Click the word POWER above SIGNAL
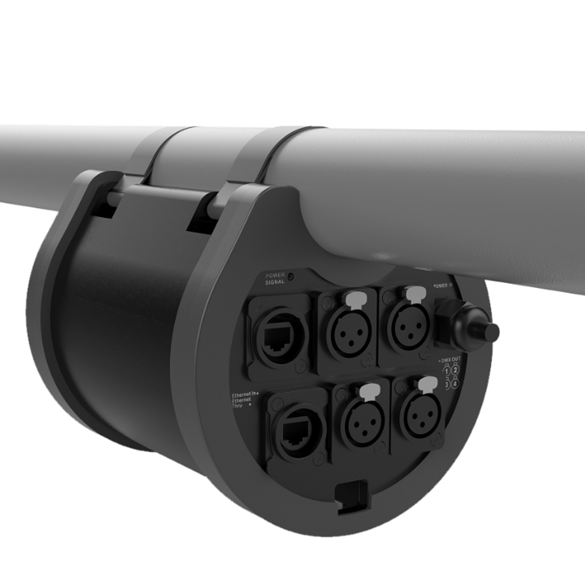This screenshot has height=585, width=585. (275, 275)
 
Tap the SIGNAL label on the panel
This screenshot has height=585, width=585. (275, 282)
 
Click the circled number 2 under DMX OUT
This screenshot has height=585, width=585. (455, 370)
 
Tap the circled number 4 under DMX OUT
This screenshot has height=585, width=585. (455, 383)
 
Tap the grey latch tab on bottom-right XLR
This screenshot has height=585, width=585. (428, 383)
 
